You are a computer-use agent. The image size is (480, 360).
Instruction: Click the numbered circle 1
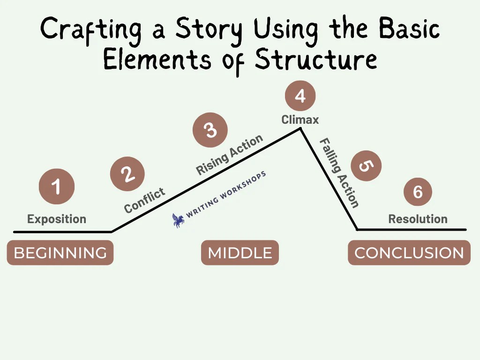(56, 187)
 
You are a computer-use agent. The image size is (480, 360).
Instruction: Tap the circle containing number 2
(127, 174)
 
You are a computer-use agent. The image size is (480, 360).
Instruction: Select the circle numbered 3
(210, 129)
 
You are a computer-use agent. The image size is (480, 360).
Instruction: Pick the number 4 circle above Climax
(300, 96)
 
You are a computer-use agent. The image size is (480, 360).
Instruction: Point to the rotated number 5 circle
(366, 165)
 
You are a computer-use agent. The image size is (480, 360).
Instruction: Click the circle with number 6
(418, 191)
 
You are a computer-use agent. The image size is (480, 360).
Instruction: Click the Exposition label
(57, 219)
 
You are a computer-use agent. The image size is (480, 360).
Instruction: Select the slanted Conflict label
(145, 200)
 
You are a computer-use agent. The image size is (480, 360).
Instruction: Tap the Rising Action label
(229, 155)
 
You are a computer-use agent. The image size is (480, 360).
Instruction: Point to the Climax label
(300, 120)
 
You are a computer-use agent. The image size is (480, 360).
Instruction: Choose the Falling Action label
(340, 173)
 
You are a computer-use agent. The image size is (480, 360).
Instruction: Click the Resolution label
(418, 219)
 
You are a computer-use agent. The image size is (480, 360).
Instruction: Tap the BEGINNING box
(60, 253)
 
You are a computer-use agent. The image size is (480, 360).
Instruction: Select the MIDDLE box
(240, 253)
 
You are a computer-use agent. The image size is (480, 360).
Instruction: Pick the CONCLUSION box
(409, 253)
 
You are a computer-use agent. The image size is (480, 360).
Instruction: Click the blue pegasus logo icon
(178, 220)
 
